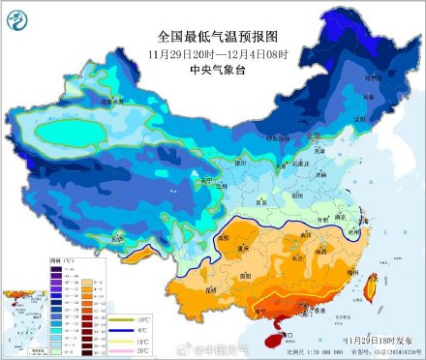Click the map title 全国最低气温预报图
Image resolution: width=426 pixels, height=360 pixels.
coord(212,36)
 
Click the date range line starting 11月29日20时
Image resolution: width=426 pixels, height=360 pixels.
coord(212,52)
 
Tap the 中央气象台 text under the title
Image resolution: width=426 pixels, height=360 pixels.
coord(212,69)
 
